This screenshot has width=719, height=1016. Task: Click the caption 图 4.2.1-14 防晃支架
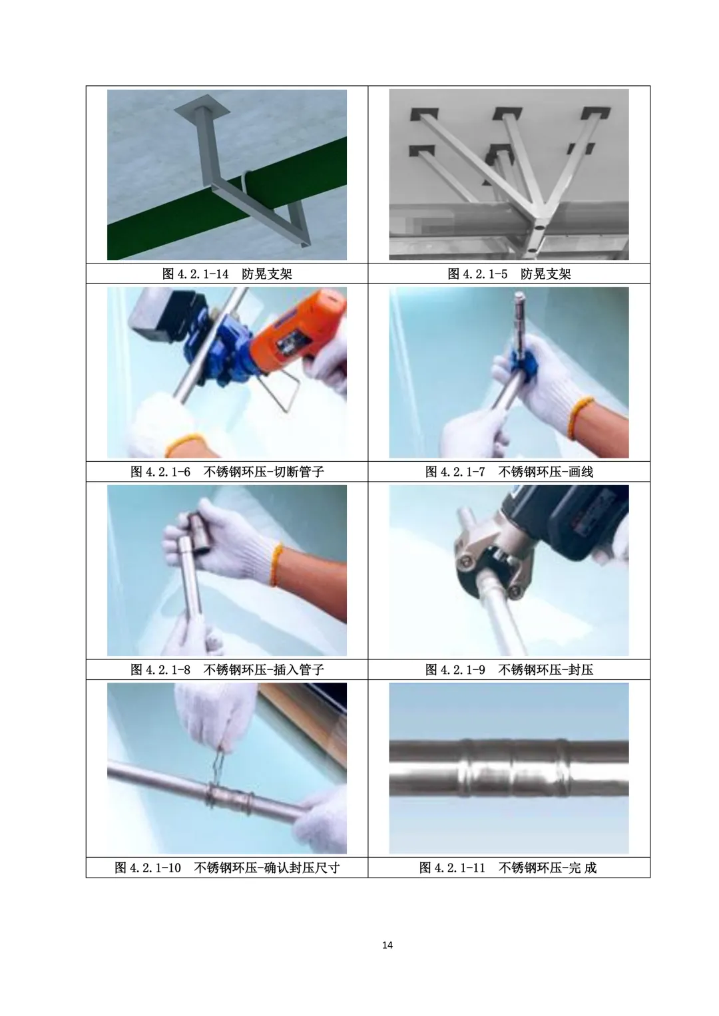click(x=227, y=274)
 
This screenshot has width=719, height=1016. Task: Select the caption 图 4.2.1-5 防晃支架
click(x=509, y=274)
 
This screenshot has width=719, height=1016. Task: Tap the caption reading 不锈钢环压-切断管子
click(x=264, y=472)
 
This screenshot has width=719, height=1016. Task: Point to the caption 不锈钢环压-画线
click(x=546, y=472)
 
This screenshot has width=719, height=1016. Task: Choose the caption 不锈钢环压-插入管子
click(x=264, y=669)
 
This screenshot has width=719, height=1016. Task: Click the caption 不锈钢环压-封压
click(x=546, y=669)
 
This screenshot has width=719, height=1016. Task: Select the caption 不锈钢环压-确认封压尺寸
click(x=267, y=868)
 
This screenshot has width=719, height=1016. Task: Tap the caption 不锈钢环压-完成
click(x=547, y=868)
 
